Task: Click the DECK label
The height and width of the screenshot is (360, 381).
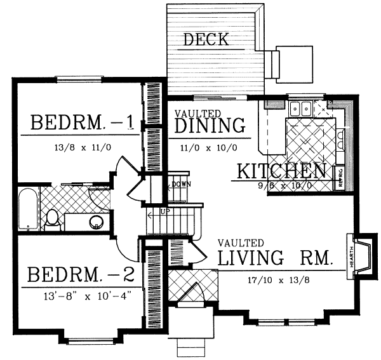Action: pyautogui.click(x=206, y=40)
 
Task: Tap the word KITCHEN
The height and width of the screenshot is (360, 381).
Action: pyautogui.click(x=282, y=171)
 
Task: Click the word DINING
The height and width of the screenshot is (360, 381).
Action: pyautogui.click(x=210, y=125)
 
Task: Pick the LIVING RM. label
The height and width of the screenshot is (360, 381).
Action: pyautogui.click(x=274, y=258)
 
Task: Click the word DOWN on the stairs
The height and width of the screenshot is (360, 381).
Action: pyautogui.click(x=182, y=185)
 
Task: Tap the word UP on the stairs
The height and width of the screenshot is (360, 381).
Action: pyautogui.click(x=164, y=211)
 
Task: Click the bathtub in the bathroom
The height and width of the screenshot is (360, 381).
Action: pyautogui.click(x=27, y=209)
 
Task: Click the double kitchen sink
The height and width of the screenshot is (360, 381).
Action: pyautogui.click(x=298, y=109)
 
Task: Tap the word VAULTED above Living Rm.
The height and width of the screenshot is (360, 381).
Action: pyautogui.click(x=240, y=243)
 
